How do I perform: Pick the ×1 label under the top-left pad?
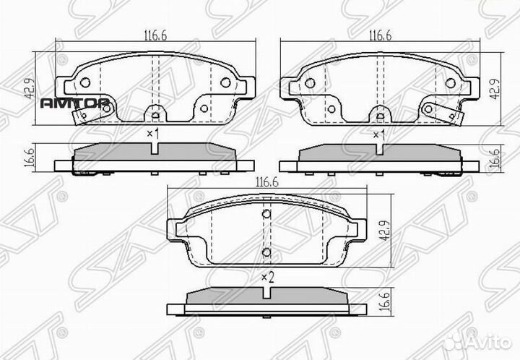tap(152, 134)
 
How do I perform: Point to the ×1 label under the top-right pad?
tap(378, 134)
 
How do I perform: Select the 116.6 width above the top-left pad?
tap(152, 34)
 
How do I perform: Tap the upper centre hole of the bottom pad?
tap(266, 213)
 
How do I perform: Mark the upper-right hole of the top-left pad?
tap(225, 82)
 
